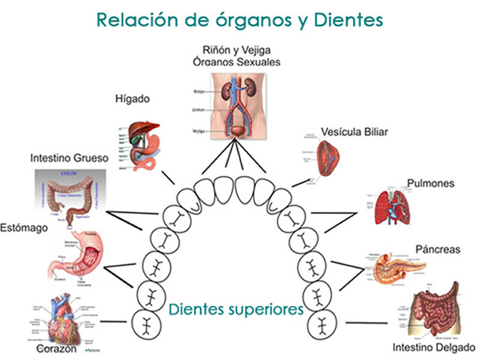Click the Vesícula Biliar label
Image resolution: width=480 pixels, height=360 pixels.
pos(354,131)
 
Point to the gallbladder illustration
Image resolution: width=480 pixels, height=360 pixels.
pos(327,157)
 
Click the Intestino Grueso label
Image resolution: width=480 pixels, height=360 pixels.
pos(69,158)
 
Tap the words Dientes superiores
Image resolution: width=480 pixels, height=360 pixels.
pos(236,310)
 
